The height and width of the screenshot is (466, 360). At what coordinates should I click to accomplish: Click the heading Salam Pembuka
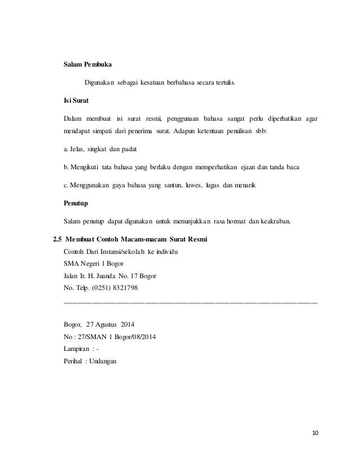point(87,65)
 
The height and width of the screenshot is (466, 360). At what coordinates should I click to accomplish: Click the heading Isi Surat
point(75,102)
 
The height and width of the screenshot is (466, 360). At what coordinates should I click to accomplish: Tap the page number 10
point(315,433)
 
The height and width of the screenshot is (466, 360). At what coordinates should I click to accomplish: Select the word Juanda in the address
point(119,276)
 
